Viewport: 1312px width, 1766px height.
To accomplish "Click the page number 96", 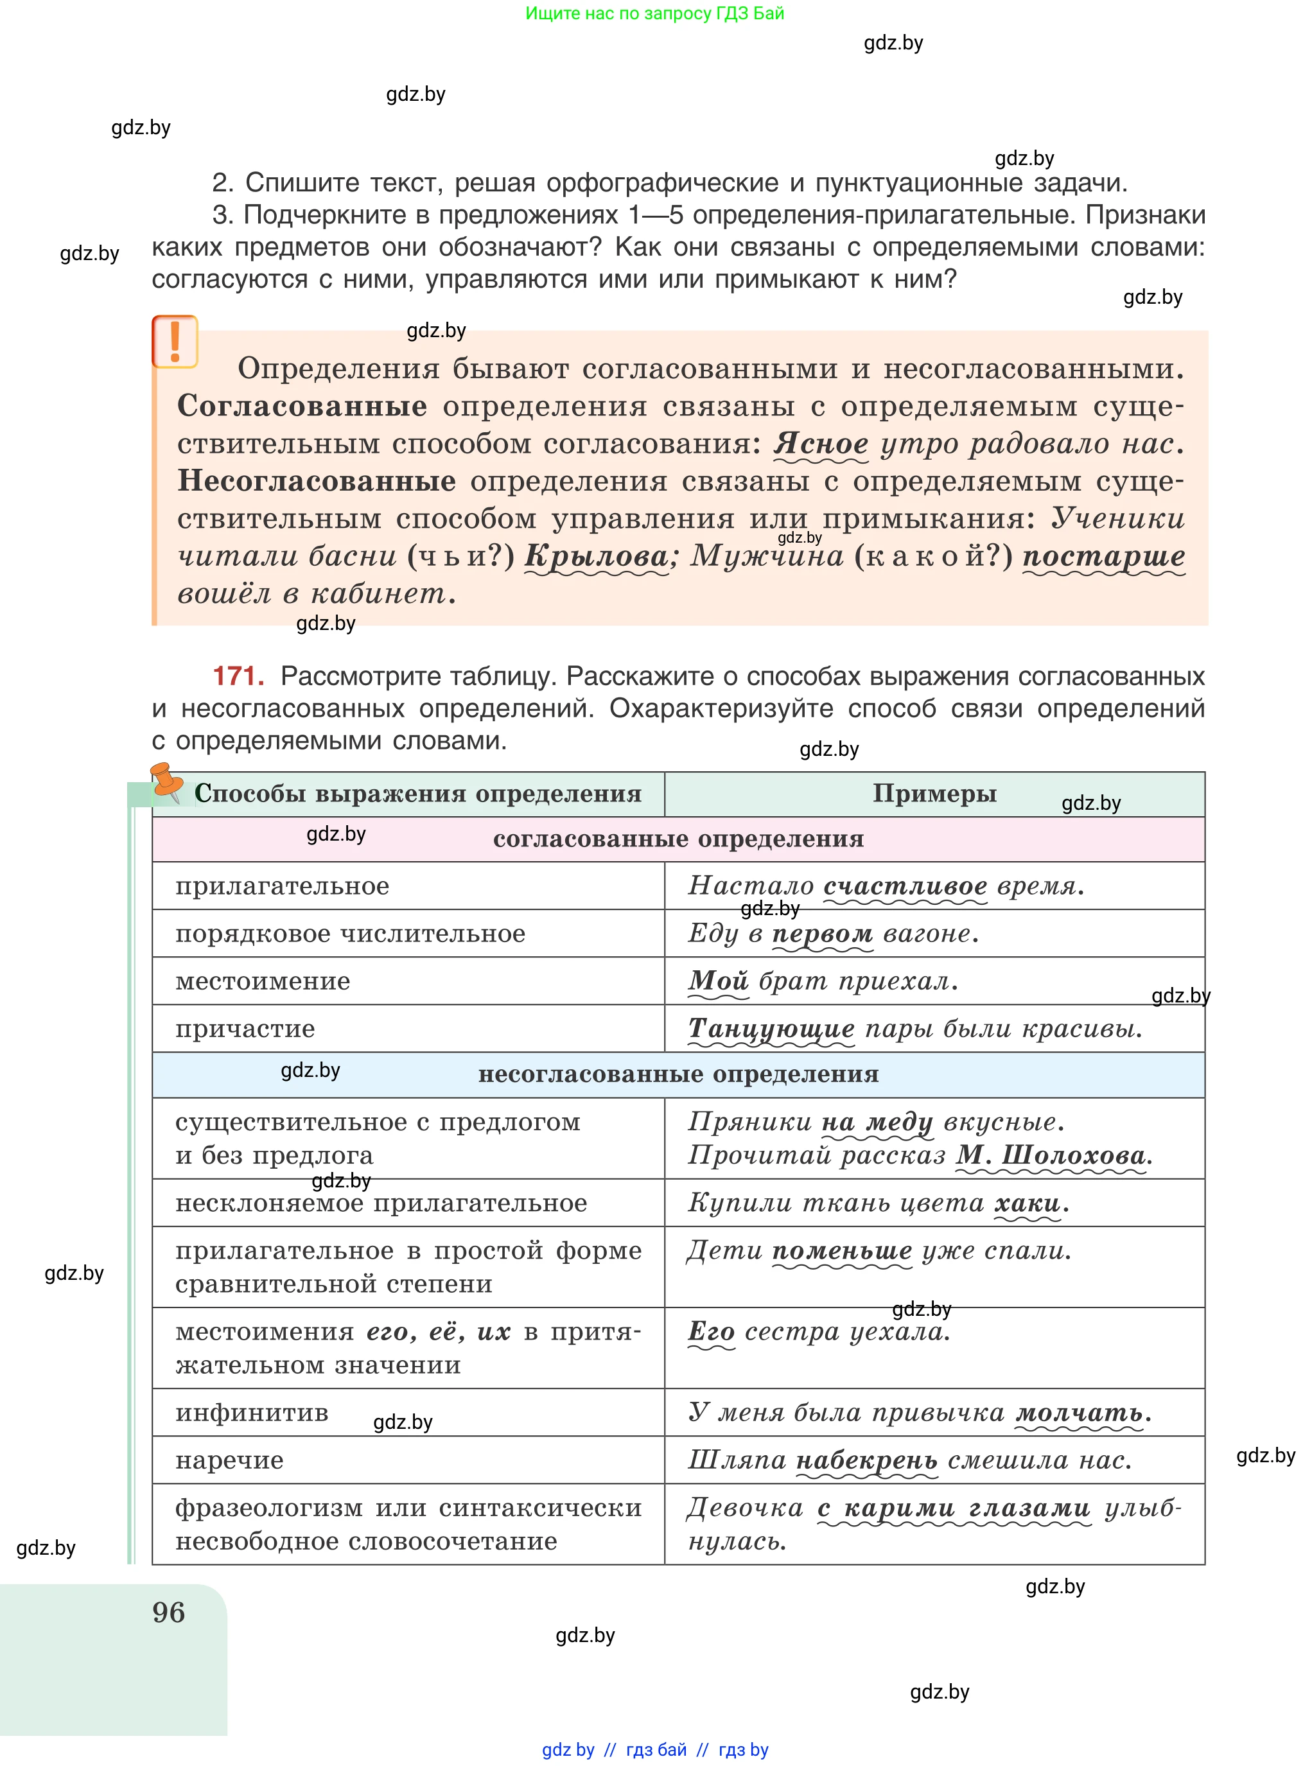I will tap(168, 1612).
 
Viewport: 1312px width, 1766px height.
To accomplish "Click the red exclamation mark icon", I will tap(175, 342).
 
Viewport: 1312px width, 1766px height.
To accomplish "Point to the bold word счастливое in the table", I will tap(905, 886).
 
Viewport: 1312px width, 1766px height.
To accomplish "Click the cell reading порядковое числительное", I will tap(350, 933).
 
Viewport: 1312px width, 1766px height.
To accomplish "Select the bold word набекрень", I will tap(866, 1460).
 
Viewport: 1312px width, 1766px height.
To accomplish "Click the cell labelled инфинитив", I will tap(252, 1413).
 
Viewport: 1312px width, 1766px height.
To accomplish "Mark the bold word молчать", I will tap(1080, 1413).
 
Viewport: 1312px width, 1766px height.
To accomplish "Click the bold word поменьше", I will tap(842, 1251).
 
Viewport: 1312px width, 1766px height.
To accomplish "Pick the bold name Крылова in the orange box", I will tap(597, 556).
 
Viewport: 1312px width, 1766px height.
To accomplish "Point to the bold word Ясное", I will tap(821, 443).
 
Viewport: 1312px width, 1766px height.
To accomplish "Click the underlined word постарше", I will tap(1103, 556).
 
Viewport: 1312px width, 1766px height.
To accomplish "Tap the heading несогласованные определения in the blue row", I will tap(678, 1074).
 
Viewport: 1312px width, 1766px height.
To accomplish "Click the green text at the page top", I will tap(654, 13).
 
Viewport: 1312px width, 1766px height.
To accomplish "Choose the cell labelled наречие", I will tap(229, 1460).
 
